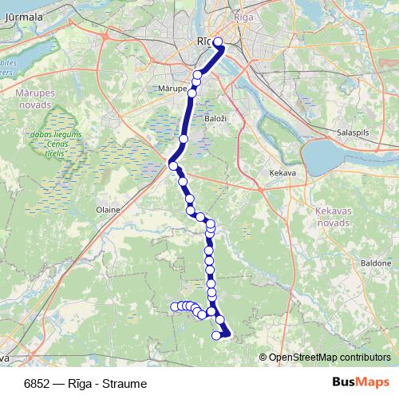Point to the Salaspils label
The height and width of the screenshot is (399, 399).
coord(352,131)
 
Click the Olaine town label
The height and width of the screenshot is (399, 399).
coord(108,210)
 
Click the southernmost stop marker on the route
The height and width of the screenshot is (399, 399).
coord(216,335)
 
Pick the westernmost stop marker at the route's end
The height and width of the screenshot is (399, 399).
coord(174,306)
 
